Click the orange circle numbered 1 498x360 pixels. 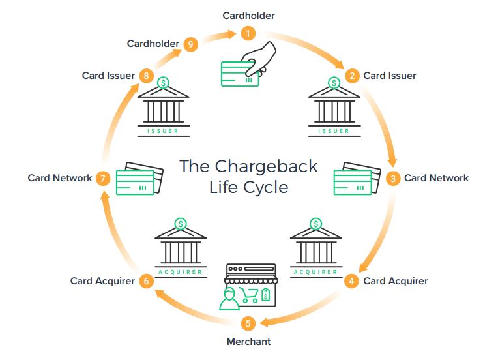coord(248,33)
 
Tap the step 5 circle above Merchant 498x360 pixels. coord(248,323)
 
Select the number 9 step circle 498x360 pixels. coord(190,44)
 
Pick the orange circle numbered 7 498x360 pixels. coord(102,178)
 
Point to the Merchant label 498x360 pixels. coord(248,341)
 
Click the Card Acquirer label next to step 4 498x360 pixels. coord(395,281)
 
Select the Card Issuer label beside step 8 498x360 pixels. coord(108,76)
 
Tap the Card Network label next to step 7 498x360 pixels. coord(60,178)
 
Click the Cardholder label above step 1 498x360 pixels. coord(248,15)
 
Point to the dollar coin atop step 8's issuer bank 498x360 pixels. coord(163,83)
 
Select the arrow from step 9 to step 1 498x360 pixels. coord(219,37)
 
